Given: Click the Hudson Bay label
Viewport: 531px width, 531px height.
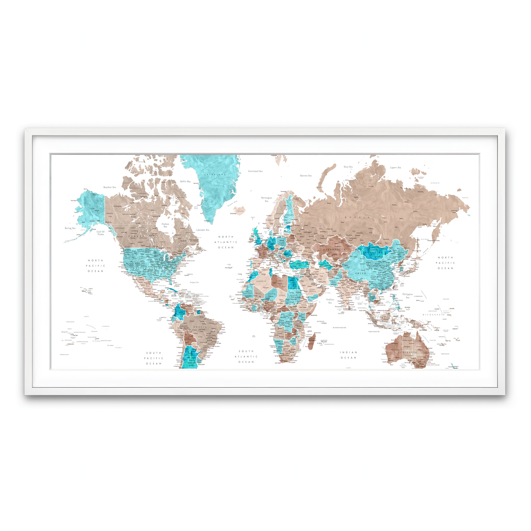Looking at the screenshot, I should click(165, 225).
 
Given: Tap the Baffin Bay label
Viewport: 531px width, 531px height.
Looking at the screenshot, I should click(185, 181).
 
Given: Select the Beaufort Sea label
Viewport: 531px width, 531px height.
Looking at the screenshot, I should click(109, 187).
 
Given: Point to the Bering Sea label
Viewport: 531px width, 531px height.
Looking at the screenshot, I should click(70, 228).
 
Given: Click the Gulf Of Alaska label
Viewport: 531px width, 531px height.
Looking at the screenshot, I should click(100, 233).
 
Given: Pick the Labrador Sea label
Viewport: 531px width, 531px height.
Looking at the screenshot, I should click(203, 230).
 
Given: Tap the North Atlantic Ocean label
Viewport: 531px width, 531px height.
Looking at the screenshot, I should click(226, 242).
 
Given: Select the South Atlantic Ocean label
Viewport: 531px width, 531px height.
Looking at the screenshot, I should click(246, 357).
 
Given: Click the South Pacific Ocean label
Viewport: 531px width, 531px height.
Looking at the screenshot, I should click(154, 358).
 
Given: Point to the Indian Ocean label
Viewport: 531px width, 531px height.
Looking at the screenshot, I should click(348, 355).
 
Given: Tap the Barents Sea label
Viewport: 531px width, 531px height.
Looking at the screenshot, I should click(306, 176).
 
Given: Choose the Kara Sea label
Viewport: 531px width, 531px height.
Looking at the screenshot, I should click(348, 167).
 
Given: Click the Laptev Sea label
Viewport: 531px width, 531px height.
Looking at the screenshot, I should click(395, 168).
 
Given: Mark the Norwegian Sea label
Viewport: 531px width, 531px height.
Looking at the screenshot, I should click(266, 199).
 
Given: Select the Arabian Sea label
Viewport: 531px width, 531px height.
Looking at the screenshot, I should click(330, 301).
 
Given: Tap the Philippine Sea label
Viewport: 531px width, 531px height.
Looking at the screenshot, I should click(408, 296).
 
